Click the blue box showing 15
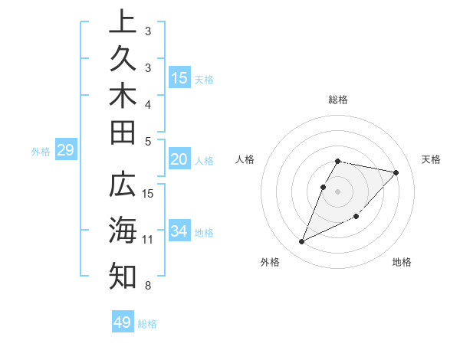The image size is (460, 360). [179, 77]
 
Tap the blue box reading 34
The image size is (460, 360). [179, 231]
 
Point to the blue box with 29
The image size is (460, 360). [65, 150]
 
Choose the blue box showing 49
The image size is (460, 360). [123, 322]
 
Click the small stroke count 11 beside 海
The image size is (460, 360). [148, 240]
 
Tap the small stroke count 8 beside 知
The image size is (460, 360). [147, 286]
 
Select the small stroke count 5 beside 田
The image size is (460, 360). [147, 141]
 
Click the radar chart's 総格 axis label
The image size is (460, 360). [338, 100]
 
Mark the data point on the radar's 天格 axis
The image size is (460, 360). [396, 172]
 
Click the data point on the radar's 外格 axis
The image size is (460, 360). [301, 241]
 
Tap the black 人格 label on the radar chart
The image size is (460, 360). [245, 159]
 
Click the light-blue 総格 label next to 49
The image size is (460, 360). [147, 324]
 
